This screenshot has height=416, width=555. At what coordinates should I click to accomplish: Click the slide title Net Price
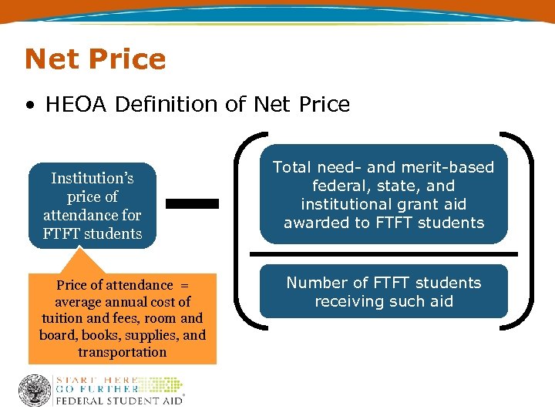95,59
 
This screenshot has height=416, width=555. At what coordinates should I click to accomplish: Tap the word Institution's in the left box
92,178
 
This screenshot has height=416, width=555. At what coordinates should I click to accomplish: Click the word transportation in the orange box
122,352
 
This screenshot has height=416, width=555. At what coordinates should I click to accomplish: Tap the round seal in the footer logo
35,390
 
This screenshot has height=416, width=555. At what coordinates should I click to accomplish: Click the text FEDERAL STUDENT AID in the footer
117,401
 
